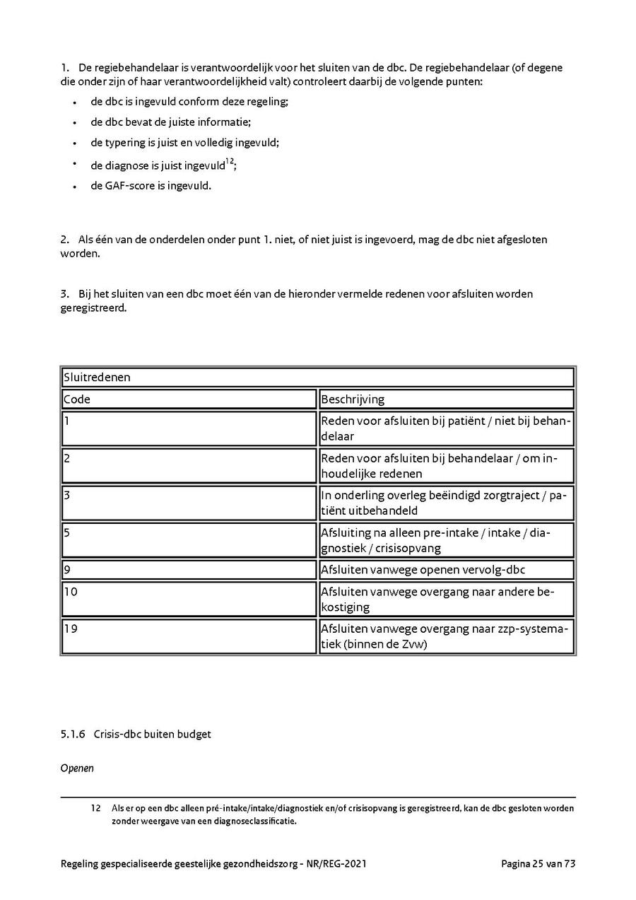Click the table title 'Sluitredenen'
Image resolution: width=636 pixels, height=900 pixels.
coord(98,378)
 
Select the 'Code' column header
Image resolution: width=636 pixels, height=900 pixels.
coord(78,399)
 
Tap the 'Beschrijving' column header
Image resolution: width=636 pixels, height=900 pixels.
coord(353,399)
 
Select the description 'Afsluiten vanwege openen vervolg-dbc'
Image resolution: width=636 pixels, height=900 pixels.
coord(423,570)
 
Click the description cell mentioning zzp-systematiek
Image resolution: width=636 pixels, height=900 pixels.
coord(445,636)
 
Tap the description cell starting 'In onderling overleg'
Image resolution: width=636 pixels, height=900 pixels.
coord(445,503)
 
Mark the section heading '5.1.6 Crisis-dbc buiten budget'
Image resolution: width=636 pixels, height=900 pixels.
coord(136,735)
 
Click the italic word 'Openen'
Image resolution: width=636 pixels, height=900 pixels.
coord(77,768)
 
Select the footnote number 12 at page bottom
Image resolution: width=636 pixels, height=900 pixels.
coord(95,808)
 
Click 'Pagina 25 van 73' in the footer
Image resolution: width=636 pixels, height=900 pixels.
coord(538,864)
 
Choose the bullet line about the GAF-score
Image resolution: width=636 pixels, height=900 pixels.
coord(151,187)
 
